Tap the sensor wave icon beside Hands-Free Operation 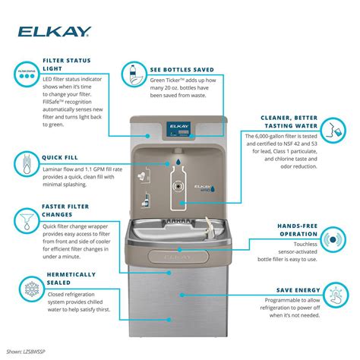(x=331, y=238)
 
